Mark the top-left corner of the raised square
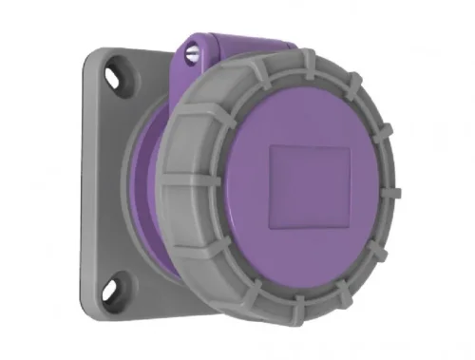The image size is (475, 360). pos(272,146)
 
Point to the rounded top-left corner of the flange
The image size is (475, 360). pos(87,57)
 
